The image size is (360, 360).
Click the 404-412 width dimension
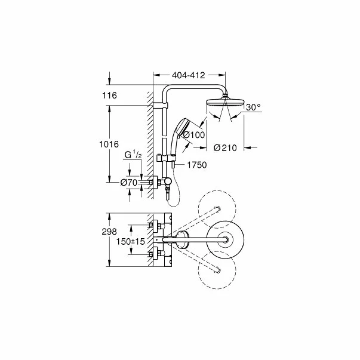pos(188,75)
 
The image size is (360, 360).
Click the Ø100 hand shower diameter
pos(193,135)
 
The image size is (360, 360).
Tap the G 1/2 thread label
pos(133,155)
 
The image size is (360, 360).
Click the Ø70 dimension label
pos(130,183)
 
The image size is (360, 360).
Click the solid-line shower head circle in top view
pos(225,241)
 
